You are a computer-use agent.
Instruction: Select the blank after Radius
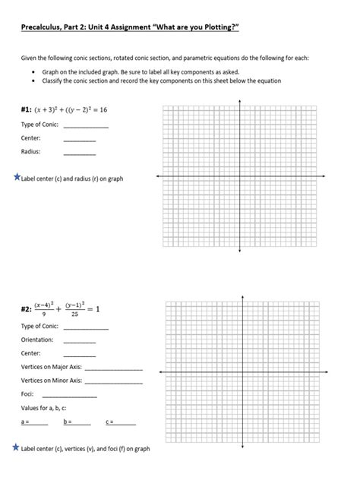[x=80, y=153]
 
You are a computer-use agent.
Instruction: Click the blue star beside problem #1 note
[x=17, y=177]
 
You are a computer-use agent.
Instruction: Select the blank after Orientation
[x=80, y=340]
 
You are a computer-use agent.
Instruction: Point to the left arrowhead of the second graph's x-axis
[x=159, y=371]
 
